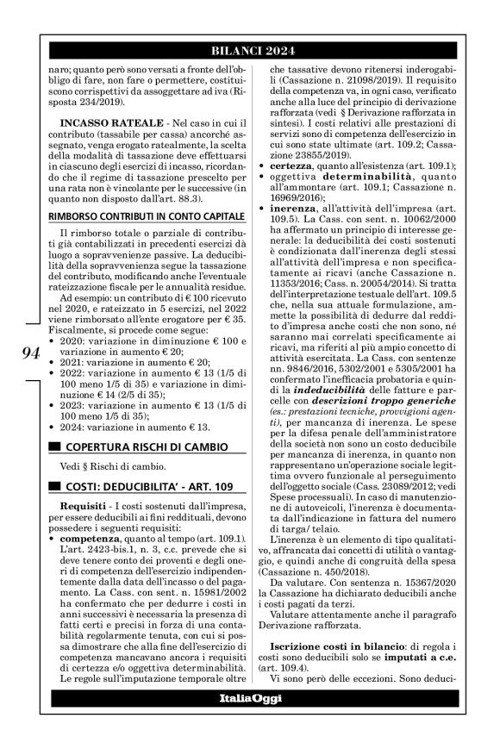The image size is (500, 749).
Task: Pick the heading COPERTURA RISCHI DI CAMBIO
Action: (141, 446)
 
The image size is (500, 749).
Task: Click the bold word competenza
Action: (90, 539)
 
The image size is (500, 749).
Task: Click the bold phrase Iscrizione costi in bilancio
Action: (340, 646)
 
